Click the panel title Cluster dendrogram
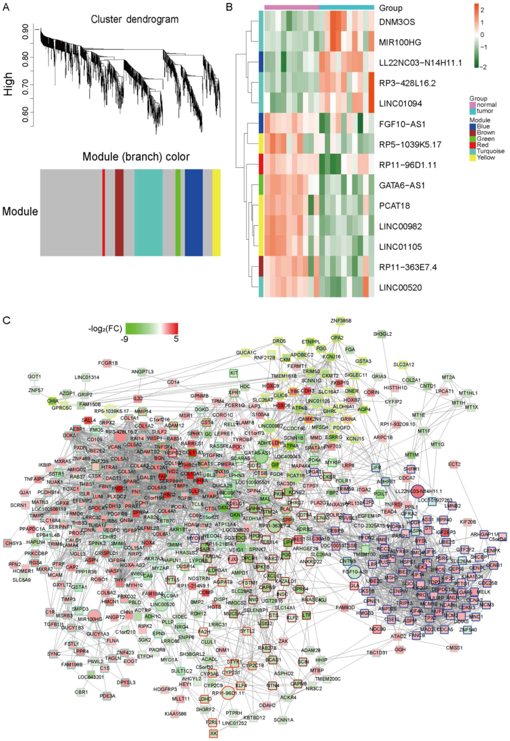[x=135, y=20]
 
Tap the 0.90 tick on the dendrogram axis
[x=25, y=30]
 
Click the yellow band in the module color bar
[x=216, y=213]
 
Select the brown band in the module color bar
[x=119, y=213]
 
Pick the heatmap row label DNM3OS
[x=397, y=22]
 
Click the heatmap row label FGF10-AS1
[x=402, y=124]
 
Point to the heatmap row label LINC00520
[x=401, y=288]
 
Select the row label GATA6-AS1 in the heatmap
[x=402, y=185]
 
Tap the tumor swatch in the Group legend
[x=473, y=111]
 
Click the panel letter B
[x=229, y=7]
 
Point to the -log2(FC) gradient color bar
[x=151, y=328]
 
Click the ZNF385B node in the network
[x=341, y=321]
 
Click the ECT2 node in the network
[x=454, y=464]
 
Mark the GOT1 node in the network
[x=34, y=377]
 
